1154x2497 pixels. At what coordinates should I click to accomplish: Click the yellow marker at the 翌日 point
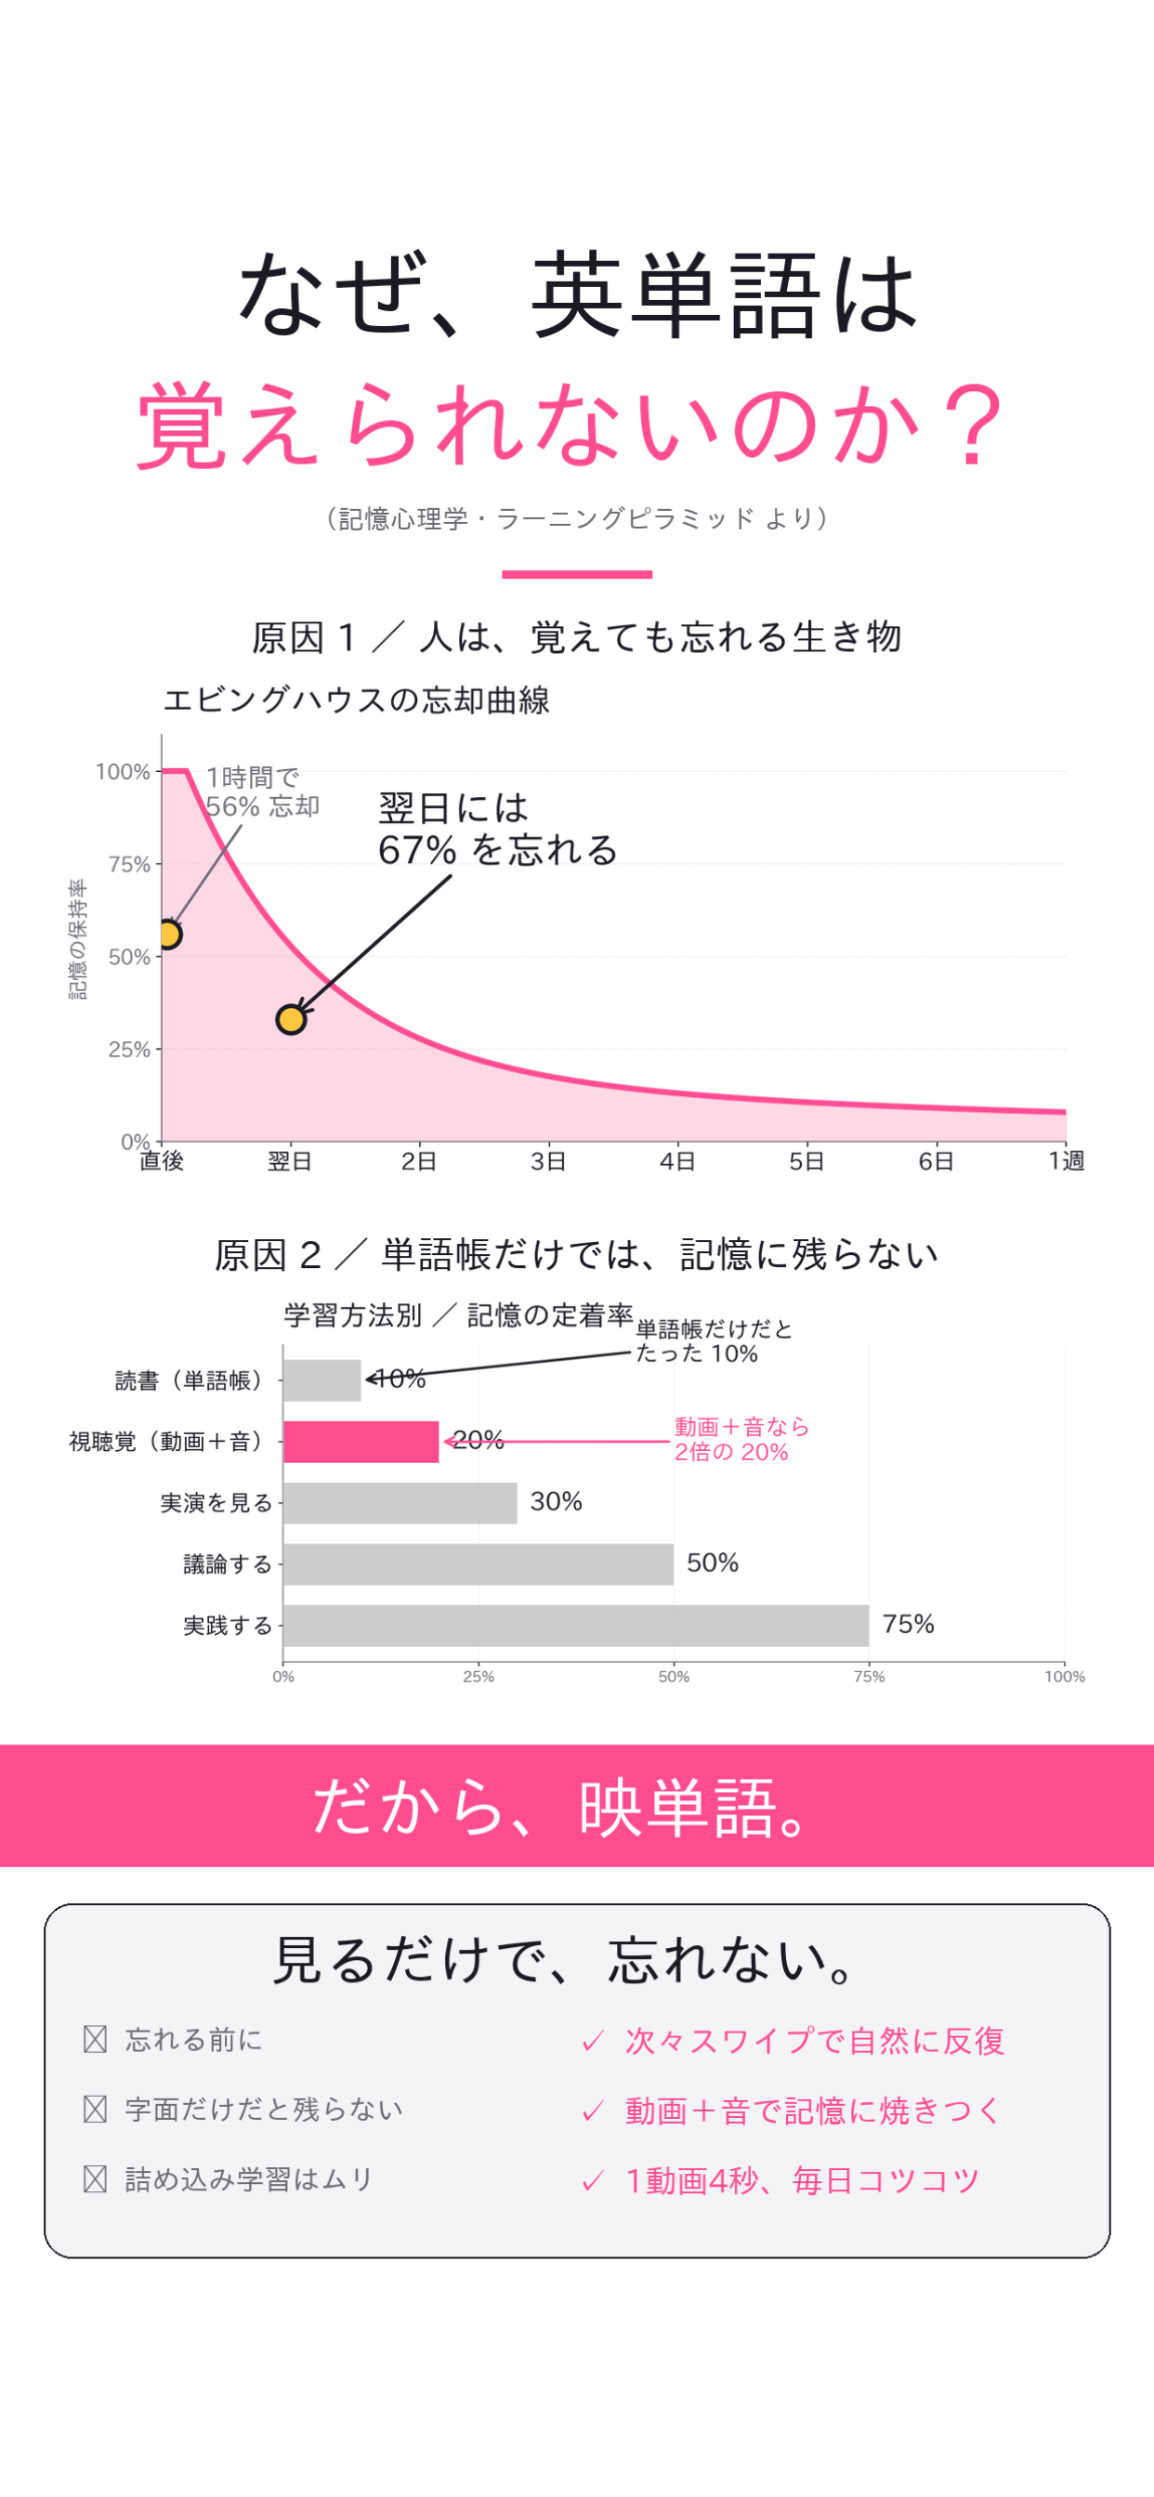[x=291, y=1019]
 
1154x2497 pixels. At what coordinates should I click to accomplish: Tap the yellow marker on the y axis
[x=169, y=935]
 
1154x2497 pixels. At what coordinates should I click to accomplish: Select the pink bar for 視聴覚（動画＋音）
[x=361, y=1442]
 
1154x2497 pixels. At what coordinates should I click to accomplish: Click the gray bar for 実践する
[x=576, y=1626]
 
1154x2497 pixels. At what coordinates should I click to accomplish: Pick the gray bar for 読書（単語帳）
[x=322, y=1380]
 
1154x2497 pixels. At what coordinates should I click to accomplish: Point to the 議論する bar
[x=479, y=1564]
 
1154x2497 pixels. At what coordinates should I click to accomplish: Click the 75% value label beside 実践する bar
[x=909, y=1625]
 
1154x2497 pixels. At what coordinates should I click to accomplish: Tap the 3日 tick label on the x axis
[x=548, y=1160]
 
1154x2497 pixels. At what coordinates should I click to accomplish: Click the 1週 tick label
[x=1067, y=1160]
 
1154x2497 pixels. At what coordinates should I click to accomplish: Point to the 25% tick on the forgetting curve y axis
[x=129, y=1049]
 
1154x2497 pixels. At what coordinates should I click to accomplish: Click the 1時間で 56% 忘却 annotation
[x=263, y=792]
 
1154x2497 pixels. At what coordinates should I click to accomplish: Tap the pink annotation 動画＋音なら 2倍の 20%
[x=741, y=1440]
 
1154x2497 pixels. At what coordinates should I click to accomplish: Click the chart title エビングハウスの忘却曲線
[x=357, y=699]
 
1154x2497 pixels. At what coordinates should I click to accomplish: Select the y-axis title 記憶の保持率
[x=77, y=939]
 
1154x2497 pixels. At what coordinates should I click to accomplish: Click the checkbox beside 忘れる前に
[x=95, y=2039]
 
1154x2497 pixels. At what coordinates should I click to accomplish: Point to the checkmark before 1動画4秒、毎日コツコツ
[x=593, y=2182]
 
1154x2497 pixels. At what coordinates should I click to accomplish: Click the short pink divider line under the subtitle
[x=577, y=575]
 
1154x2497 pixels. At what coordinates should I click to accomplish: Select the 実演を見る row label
[x=216, y=1503]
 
